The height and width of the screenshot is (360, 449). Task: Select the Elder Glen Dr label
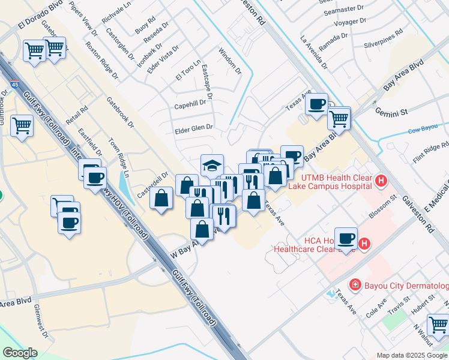193,127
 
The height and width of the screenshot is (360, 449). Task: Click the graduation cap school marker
211,164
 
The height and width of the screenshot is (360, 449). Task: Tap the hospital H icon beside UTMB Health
379,181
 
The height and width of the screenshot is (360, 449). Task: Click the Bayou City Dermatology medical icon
355,284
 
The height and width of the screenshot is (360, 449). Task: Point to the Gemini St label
391,112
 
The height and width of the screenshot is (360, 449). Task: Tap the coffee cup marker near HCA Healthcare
346,238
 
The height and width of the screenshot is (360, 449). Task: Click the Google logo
20,353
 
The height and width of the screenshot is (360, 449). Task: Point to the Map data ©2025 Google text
412,355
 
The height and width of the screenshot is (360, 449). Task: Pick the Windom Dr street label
229,61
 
